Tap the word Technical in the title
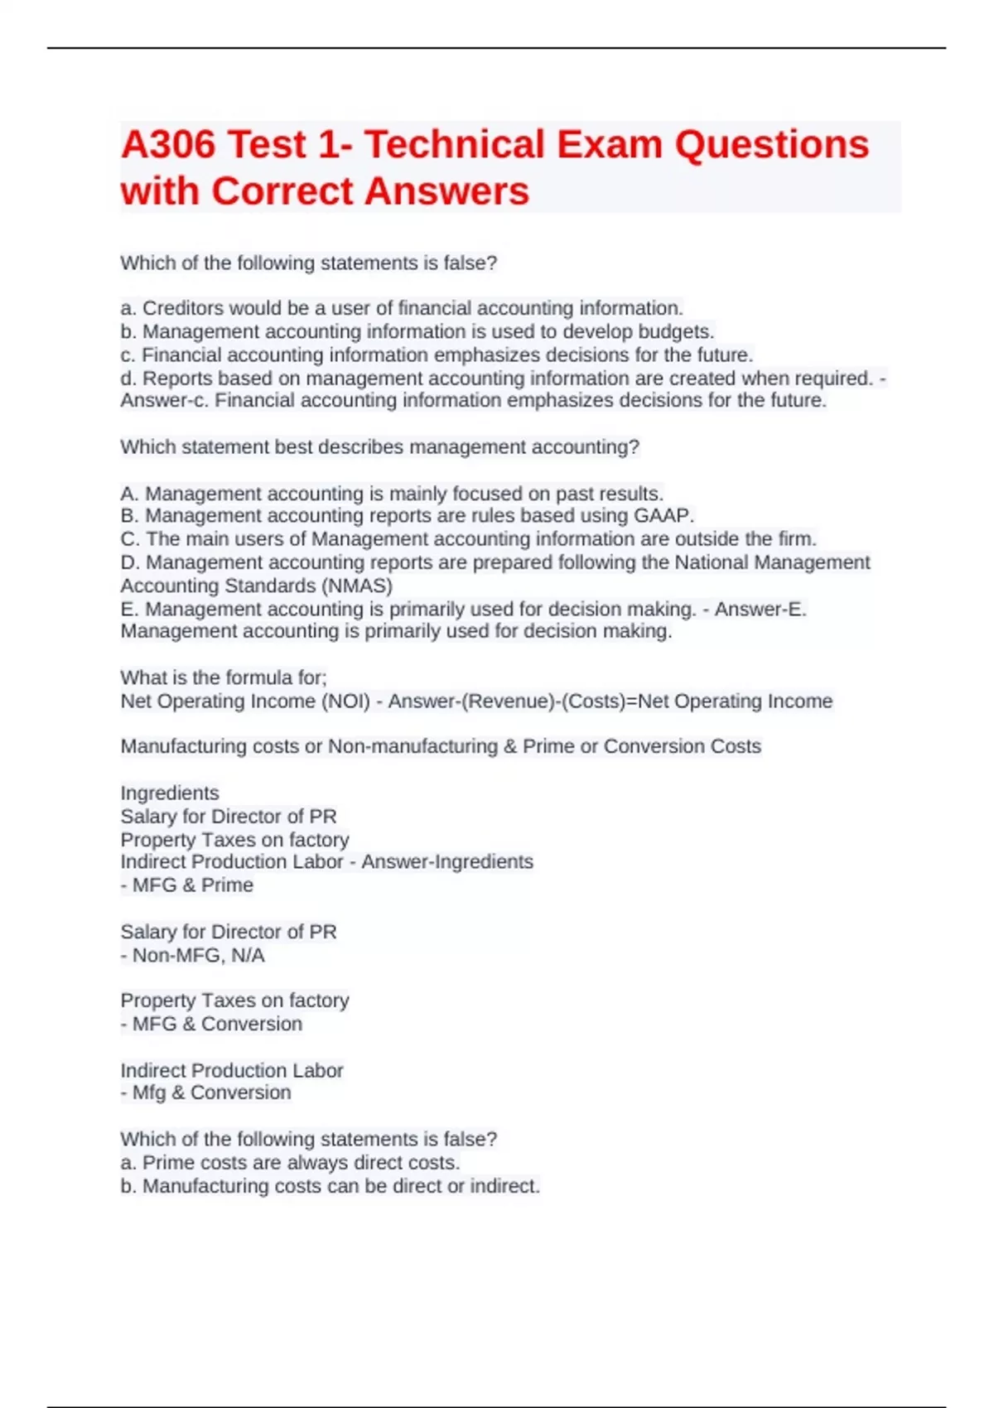coord(452,145)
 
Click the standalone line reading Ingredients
coord(170,793)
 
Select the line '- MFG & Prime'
coord(187,885)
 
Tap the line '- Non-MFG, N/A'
coord(193,955)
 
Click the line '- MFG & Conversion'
coord(211,1024)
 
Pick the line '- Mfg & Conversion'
coord(205,1092)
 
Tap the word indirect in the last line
coord(504,1186)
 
